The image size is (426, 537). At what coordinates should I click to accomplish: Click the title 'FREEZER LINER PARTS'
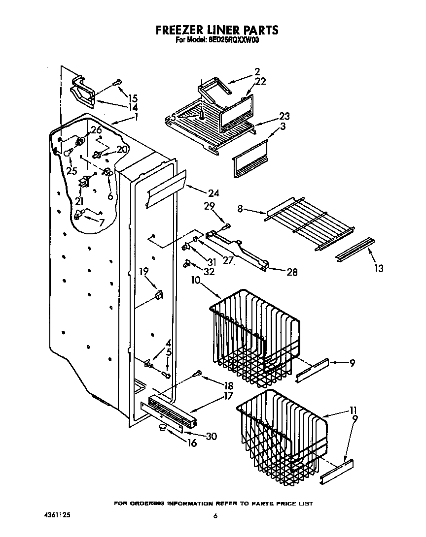(217, 31)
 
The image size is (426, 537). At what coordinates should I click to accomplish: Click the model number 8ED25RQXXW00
(230, 41)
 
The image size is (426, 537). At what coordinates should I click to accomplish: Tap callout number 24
(213, 193)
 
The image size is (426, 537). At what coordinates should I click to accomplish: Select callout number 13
(379, 268)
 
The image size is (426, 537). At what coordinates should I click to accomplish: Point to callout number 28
(292, 272)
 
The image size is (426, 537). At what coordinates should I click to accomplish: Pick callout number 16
(192, 443)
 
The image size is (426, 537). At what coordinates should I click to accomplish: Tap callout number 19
(143, 271)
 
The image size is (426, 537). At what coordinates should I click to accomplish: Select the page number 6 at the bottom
(215, 516)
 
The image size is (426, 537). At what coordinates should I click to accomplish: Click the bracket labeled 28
(237, 251)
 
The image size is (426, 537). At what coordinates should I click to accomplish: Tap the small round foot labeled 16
(162, 428)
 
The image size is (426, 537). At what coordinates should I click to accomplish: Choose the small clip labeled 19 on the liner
(159, 295)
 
